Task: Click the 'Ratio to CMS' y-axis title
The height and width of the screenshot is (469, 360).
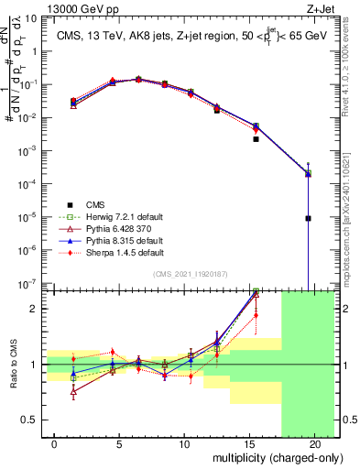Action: [13, 365]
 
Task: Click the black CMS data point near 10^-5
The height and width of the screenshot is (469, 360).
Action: [309, 218]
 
